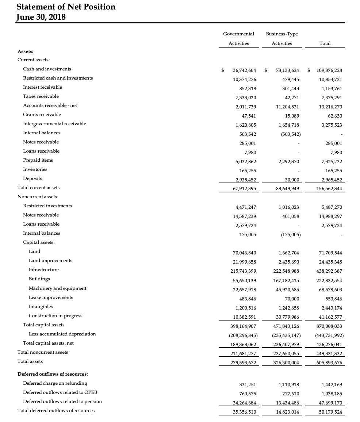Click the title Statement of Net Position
point(66,7)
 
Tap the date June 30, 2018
point(41,17)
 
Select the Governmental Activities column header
point(239,38)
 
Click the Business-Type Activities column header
point(282,38)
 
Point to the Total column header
point(325,43)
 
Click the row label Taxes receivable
point(41,96)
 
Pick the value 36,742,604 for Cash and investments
point(244,70)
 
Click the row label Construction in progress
point(55,316)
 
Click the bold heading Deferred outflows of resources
point(53,374)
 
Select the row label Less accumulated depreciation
point(62,334)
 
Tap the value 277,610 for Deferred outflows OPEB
point(291,394)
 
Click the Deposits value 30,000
point(292,180)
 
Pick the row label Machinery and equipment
point(58,288)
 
